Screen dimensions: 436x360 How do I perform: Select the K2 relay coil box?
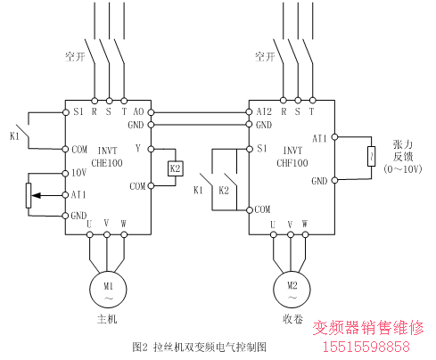point(176,168)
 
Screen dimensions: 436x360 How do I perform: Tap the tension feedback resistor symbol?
point(371,156)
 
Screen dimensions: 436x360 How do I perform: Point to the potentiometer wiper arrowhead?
point(36,195)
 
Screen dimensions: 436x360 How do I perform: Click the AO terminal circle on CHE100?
point(151,112)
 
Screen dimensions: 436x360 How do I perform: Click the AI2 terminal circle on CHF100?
point(249,112)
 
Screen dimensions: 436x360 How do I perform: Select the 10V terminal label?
point(79,173)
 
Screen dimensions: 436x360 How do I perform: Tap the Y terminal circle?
point(151,149)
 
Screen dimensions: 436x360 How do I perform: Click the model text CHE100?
point(107,163)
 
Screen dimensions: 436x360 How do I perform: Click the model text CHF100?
point(292,163)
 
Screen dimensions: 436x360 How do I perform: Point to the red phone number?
point(366,347)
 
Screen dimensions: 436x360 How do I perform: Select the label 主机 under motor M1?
point(107,319)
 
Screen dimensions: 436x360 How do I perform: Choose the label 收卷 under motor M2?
point(292,319)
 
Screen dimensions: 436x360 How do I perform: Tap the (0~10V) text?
point(403,169)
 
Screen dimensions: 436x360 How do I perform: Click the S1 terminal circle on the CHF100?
point(250,149)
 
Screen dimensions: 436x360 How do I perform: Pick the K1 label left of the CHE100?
point(14,136)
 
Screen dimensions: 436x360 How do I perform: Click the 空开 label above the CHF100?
point(265,56)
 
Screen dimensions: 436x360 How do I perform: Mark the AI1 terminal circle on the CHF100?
point(334,137)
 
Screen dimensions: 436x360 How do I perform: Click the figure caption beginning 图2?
point(199,347)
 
